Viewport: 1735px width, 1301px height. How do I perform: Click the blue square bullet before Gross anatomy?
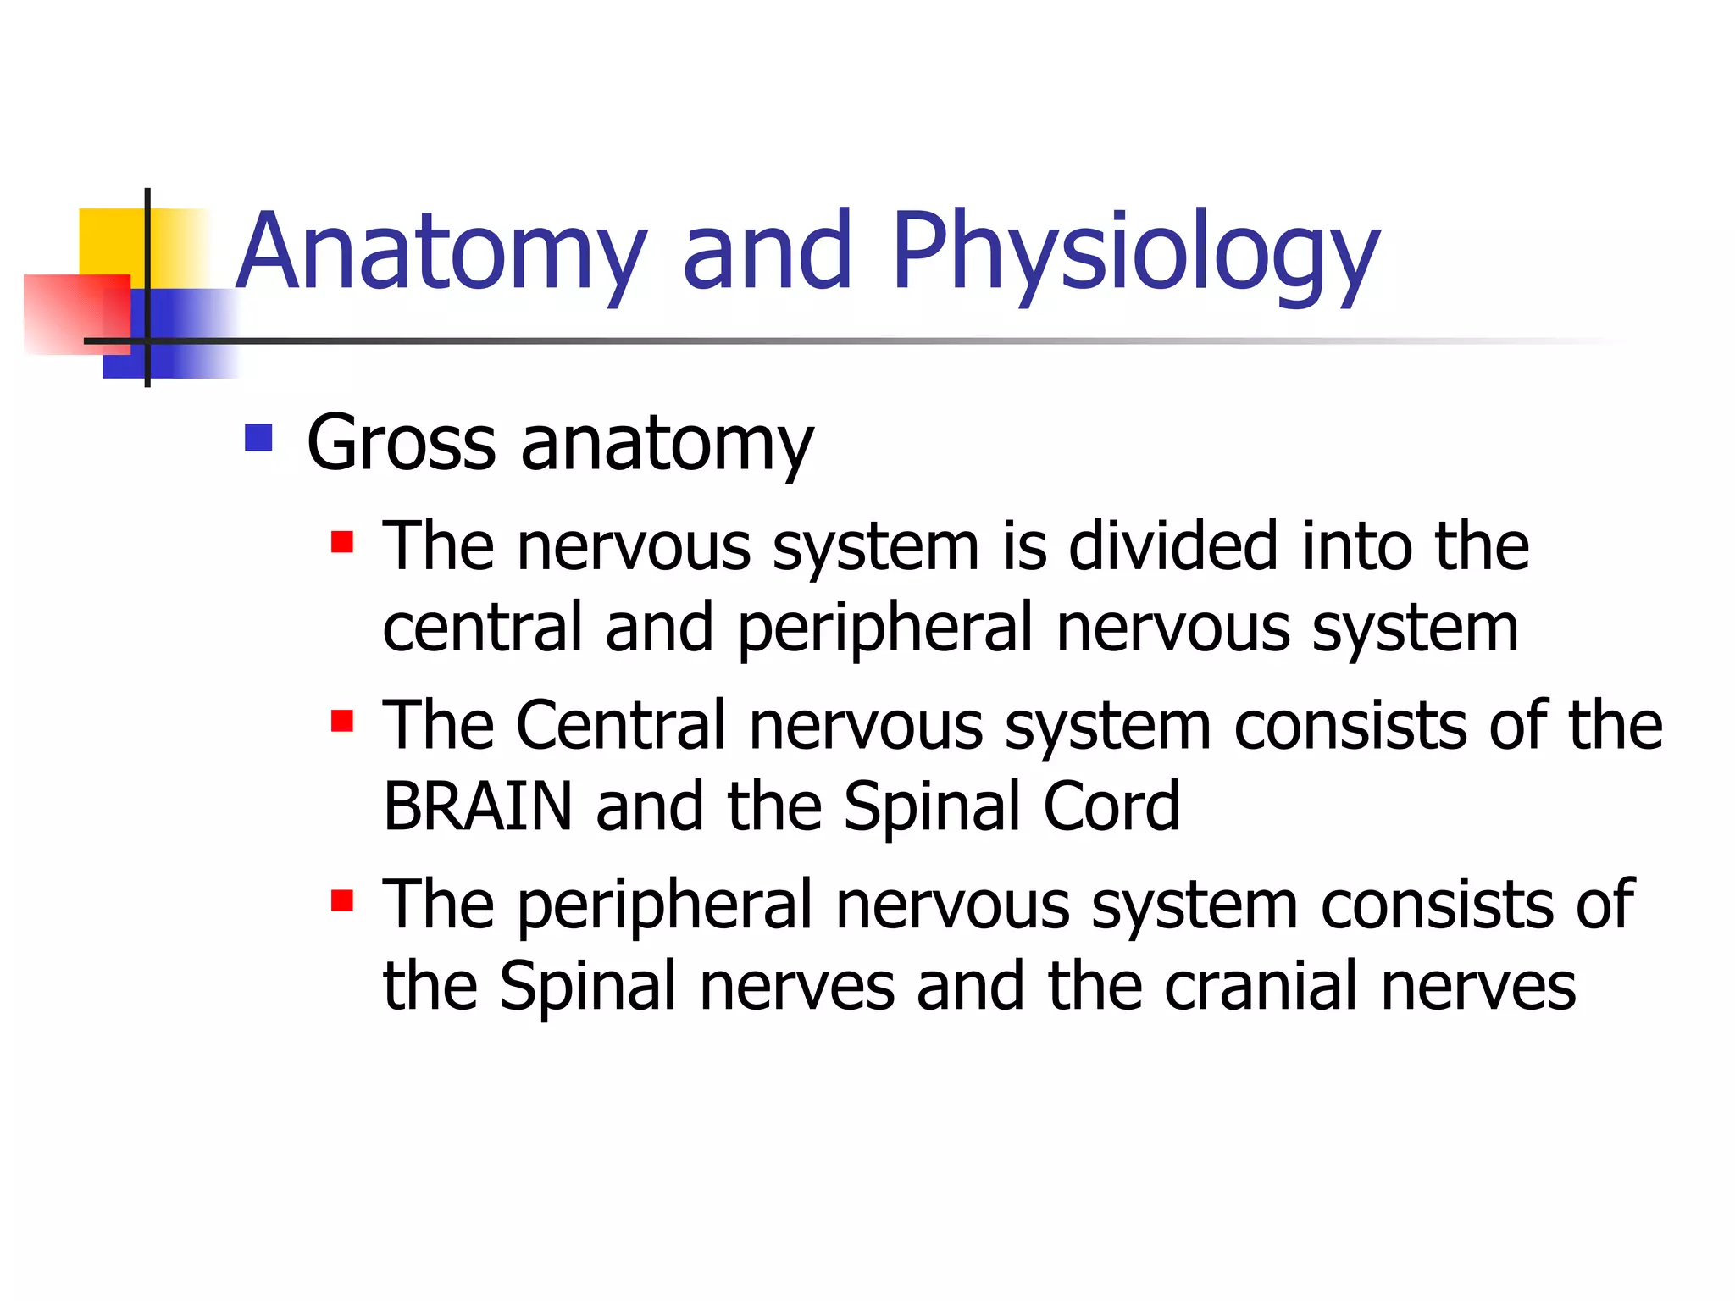258,438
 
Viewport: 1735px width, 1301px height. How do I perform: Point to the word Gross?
402,444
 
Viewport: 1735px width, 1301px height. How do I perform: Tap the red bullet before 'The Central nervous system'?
342,722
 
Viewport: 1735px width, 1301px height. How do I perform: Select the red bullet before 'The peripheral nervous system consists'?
342,900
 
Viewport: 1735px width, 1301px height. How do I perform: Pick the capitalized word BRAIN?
478,806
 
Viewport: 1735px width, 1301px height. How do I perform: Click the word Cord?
1111,806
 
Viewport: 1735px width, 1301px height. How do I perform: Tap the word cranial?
1261,987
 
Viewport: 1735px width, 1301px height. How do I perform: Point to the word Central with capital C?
622,726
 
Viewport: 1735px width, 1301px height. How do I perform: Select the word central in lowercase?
482,628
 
